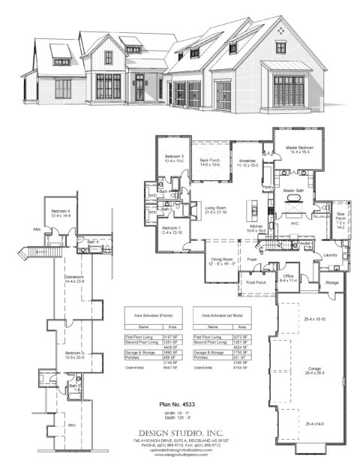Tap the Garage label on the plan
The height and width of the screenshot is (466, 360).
point(314,369)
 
